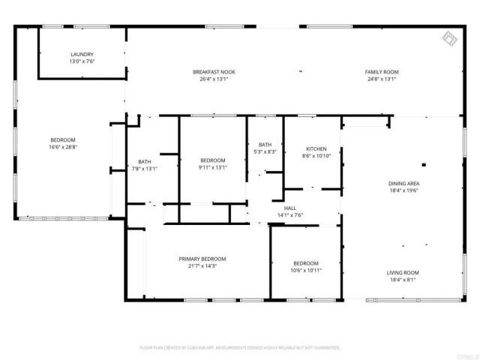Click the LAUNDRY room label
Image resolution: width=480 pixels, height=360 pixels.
(x=82, y=54)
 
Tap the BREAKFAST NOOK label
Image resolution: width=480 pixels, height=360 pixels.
(x=214, y=72)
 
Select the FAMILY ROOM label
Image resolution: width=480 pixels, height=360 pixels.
(x=380, y=72)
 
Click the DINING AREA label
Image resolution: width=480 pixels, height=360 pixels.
(x=403, y=184)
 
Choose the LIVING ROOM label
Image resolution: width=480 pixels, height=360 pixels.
(x=403, y=273)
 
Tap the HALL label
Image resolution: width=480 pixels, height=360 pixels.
(x=289, y=208)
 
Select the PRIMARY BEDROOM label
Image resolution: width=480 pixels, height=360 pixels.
(x=202, y=259)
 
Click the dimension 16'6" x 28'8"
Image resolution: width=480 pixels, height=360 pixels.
(x=63, y=147)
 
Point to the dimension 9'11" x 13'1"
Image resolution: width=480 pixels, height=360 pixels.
(x=213, y=167)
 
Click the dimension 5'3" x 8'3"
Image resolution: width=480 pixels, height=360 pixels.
(x=265, y=151)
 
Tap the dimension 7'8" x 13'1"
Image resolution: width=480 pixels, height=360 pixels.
(x=145, y=169)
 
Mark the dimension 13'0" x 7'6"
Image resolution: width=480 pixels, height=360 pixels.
(x=82, y=61)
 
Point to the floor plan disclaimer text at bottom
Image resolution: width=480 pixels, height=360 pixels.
(x=240, y=348)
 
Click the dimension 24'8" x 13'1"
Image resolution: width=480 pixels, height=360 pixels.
(x=380, y=79)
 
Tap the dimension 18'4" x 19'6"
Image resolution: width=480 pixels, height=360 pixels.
(x=403, y=190)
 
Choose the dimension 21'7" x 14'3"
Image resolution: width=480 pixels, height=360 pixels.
(x=202, y=265)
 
